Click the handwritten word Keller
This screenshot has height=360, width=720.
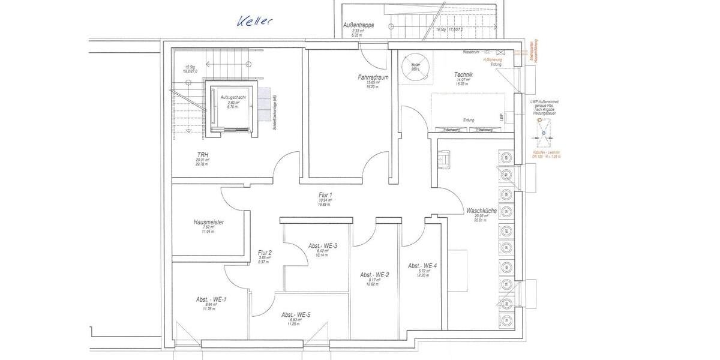click(x=254, y=21)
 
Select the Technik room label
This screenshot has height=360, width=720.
click(x=464, y=74)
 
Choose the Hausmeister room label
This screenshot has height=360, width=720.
click(x=209, y=222)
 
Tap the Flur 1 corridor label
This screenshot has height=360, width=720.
click(x=325, y=195)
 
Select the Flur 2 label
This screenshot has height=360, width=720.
click(x=265, y=253)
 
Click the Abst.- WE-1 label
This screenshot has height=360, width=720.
click(x=211, y=299)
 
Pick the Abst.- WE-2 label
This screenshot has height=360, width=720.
click(x=374, y=275)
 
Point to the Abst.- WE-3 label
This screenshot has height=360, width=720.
click(x=323, y=246)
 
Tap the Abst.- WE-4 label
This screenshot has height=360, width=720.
click(x=422, y=266)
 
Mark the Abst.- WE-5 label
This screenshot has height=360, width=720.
click(x=296, y=315)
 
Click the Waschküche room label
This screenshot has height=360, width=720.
click(x=481, y=211)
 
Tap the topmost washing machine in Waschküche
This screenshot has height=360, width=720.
click(x=506, y=158)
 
